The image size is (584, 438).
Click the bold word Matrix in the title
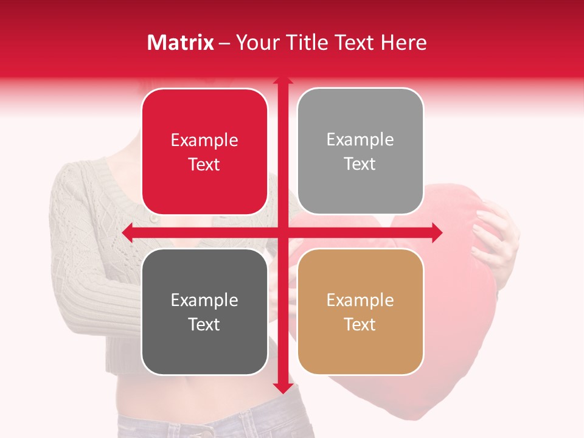click(181, 43)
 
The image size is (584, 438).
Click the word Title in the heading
click(306, 43)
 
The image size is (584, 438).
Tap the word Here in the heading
click(403, 43)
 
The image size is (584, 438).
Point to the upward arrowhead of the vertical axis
click(282, 81)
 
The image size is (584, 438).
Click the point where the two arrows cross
click(282, 232)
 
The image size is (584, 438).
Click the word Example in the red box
click(204, 141)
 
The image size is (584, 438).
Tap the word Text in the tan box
click(360, 324)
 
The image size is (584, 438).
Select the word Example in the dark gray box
click(204, 301)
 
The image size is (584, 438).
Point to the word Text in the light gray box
click(360, 164)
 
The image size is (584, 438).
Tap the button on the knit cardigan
click(154, 218)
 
